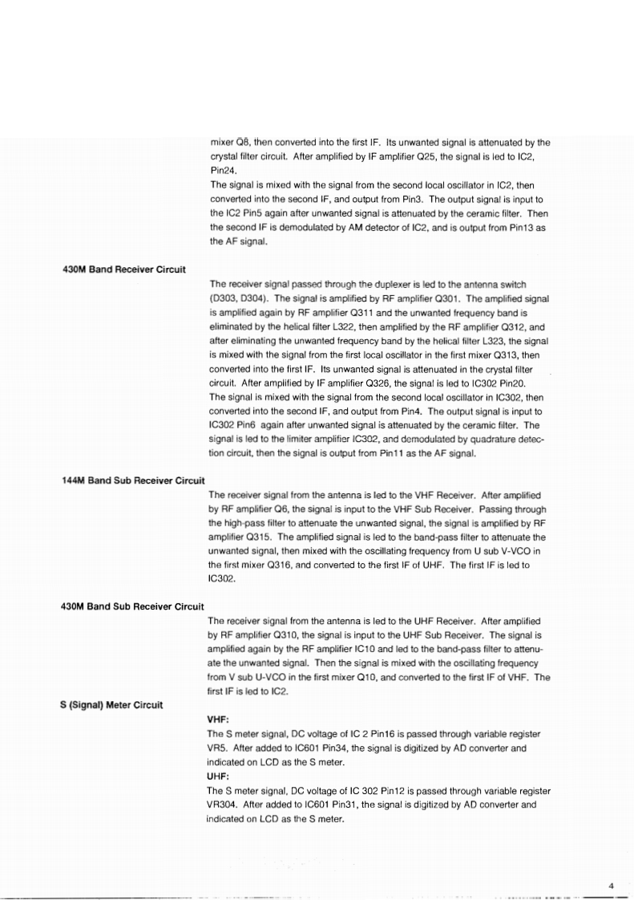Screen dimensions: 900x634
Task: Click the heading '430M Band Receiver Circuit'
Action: pyautogui.click(x=124, y=268)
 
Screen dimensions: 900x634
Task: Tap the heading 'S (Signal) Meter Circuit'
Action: pyautogui.click(x=112, y=704)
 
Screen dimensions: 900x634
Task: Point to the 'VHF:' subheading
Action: pyautogui.click(x=218, y=720)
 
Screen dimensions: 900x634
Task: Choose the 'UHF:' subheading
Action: pyautogui.click(x=218, y=776)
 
